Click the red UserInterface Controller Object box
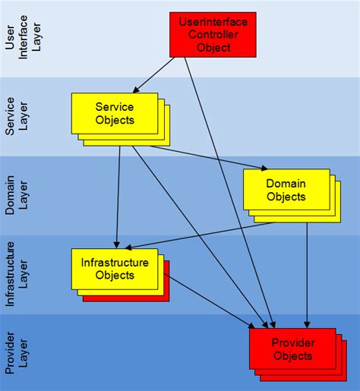[x=213, y=34]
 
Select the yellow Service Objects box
[x=115, y=113]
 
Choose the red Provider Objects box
[x=292, y=349]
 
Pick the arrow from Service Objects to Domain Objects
[x=205, y=157]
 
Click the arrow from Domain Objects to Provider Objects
[x=307, y=273]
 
